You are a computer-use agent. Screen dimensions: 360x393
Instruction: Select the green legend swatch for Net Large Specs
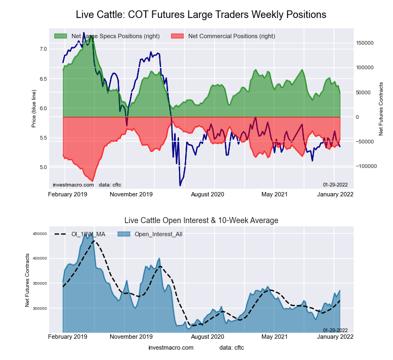(x=61, y=36)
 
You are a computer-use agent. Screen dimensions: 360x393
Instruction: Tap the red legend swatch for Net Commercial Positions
(x=177, y=36)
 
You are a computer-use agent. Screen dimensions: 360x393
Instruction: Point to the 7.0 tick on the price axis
(x=44, y=49)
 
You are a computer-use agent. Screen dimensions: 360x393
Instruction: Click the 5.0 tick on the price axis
(x=44, y=167)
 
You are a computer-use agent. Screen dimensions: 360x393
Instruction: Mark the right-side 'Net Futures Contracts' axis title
(x=380, y=109)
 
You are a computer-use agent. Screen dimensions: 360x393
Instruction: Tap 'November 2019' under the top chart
(x=132, y=194)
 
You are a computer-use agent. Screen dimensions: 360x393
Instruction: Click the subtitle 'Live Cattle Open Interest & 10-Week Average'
(x=201, y=220)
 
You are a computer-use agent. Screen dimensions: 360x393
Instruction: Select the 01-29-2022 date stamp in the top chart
(x=335, y=184)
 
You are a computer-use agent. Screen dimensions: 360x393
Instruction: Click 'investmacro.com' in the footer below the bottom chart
(x=171, y=347)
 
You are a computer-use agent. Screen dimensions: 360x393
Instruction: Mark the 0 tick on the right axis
(x=358, y=117)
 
